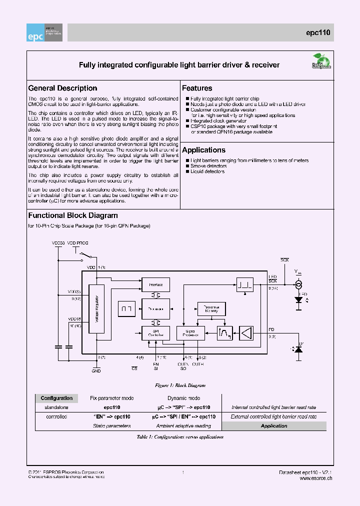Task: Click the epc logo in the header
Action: pos(45,32)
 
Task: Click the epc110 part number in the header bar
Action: pos(318,33)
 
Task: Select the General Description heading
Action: pos(62,88)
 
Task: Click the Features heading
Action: pos(197,88)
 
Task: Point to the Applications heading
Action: pos(203,150)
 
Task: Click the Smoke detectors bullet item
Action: pos(208,166)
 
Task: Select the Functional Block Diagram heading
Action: pos(73,215)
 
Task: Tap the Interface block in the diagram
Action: pos(155,285)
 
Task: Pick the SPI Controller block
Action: pos(155,332)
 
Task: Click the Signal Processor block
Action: pos(190,332)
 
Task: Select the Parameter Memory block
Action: pos(211,308)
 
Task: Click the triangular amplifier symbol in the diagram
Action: pos(246,332)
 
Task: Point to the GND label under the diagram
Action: pos(96,371)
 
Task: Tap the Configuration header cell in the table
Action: pos(56,398)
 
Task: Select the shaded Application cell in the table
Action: pos(273,426)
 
